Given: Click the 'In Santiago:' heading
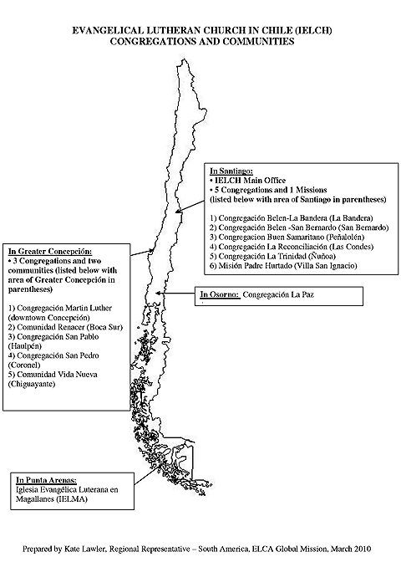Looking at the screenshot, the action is pyautogui.click(x=231, y=171).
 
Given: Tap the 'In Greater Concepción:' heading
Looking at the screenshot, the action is pyautogui.click(x=50, y=251).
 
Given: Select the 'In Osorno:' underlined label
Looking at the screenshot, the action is pyautogui.click(x=220, y=294).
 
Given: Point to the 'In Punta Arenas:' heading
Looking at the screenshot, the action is pyautogui.click(x=46, y=480).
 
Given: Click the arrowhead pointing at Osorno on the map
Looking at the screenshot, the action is pyautogui.click(x=158, y=294).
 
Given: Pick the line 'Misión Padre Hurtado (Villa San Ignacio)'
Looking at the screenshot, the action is pyautogui.click(x=283, y=266).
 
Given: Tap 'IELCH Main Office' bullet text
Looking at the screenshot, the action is pyautogui.click(x=250, y=181).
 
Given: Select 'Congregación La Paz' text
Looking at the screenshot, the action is pyautogui.click(x=278, y=294).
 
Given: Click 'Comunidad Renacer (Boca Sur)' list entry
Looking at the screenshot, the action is pyautogui.click(x=65, y=327).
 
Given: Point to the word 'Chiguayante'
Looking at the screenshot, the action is pyautogui.click(x=32, y=384).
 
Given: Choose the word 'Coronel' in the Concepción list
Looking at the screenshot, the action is pyautogui.click(x=24, y=365).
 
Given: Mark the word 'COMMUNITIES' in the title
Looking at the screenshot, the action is pyautogui.click(x=259, y=41).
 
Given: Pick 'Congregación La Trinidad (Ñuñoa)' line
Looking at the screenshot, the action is pyautogui.click(x=272, y=256).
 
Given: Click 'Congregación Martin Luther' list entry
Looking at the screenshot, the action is pyautogui.click(x=60, y=309).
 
